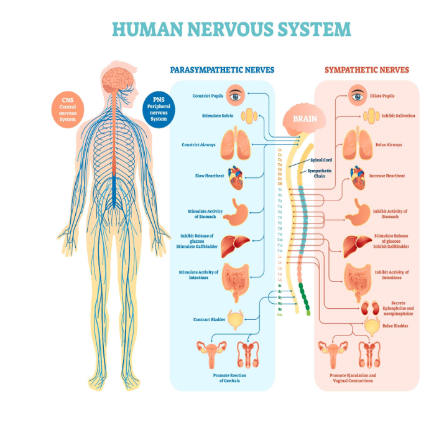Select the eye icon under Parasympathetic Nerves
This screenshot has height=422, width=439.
236,95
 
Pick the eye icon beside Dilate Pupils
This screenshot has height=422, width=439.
356,96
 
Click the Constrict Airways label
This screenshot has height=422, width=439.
198,145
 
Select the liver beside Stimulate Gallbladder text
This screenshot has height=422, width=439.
236,242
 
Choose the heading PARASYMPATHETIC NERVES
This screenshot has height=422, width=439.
222,70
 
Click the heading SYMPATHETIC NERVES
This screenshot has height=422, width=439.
367,70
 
